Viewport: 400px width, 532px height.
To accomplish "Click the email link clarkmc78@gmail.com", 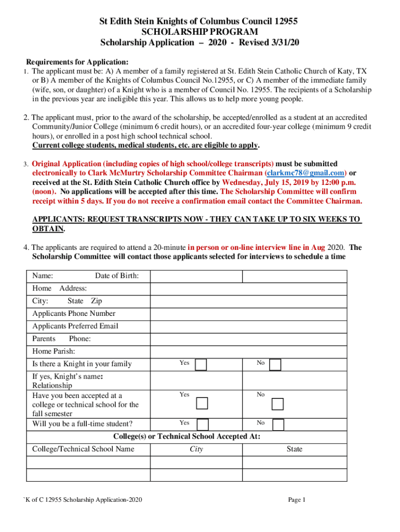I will (305, 172).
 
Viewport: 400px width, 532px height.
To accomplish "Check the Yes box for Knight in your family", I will (201, 365).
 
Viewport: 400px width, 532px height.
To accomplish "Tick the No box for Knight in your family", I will (275, 365).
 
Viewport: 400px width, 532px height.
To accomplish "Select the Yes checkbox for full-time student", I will (203, 424).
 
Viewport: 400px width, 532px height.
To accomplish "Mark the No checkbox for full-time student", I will (278, 424).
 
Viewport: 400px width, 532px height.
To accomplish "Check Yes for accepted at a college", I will (202, 403).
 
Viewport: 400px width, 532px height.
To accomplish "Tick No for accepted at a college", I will (278, 404).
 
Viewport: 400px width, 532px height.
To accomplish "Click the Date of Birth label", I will (116, 276).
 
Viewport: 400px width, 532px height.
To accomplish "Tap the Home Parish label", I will (54, 351).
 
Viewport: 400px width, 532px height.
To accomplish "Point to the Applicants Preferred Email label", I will (75, 326).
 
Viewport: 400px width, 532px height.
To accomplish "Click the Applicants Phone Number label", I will (74, 313).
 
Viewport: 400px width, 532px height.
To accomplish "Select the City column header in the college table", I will (196, 449).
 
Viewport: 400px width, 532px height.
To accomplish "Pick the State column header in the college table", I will (294, 449).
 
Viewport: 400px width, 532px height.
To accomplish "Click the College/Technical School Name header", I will (83, 449).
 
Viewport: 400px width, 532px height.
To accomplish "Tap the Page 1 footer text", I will (297, 500).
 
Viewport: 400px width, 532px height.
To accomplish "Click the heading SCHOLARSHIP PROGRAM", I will (199, 32).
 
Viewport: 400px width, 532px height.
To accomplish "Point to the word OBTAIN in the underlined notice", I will (48, 229).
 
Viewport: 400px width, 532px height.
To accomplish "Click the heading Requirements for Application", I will (77, 61).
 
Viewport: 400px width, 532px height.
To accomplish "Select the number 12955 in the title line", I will (285, 21).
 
